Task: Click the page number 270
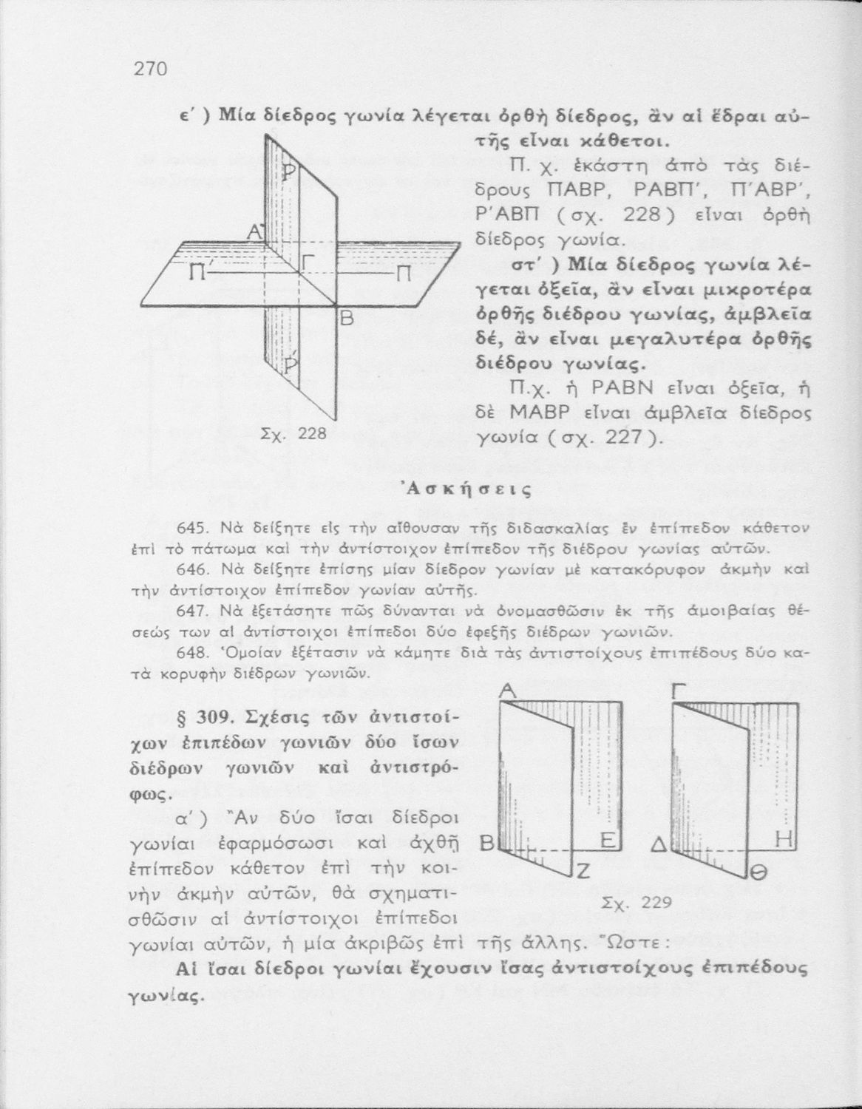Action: click(x=152, y=69)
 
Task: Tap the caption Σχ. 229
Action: click(x=636, y=902)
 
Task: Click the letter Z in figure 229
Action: click(x=583, y=873)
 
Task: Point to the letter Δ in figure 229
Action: click(x=659, y=842)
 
